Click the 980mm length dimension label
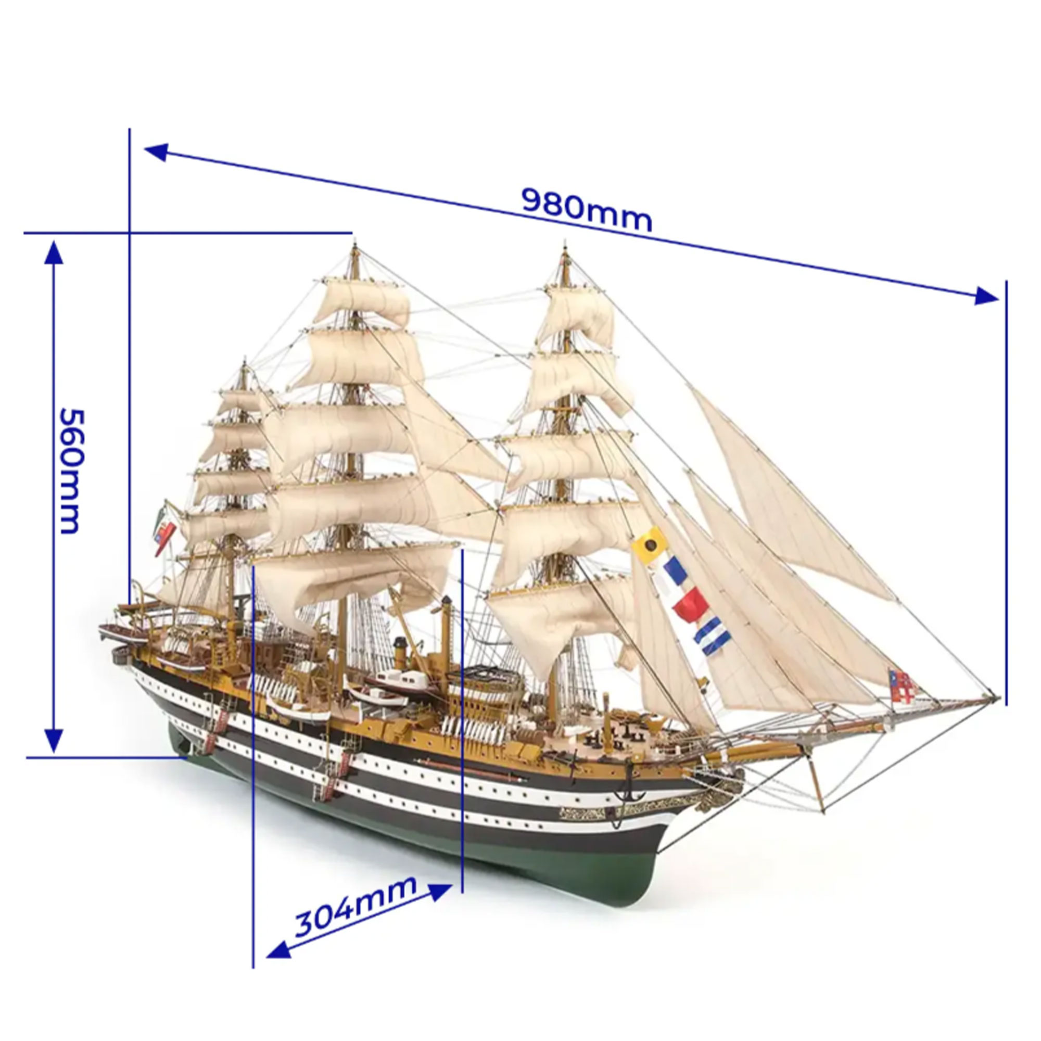pos(587,209)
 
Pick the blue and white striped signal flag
pos(713,638)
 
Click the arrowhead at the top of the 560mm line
pos(53,252)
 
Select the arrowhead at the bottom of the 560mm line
pos(53,741)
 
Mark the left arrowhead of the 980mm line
pos(156,153)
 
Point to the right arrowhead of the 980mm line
pos(986,295)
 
